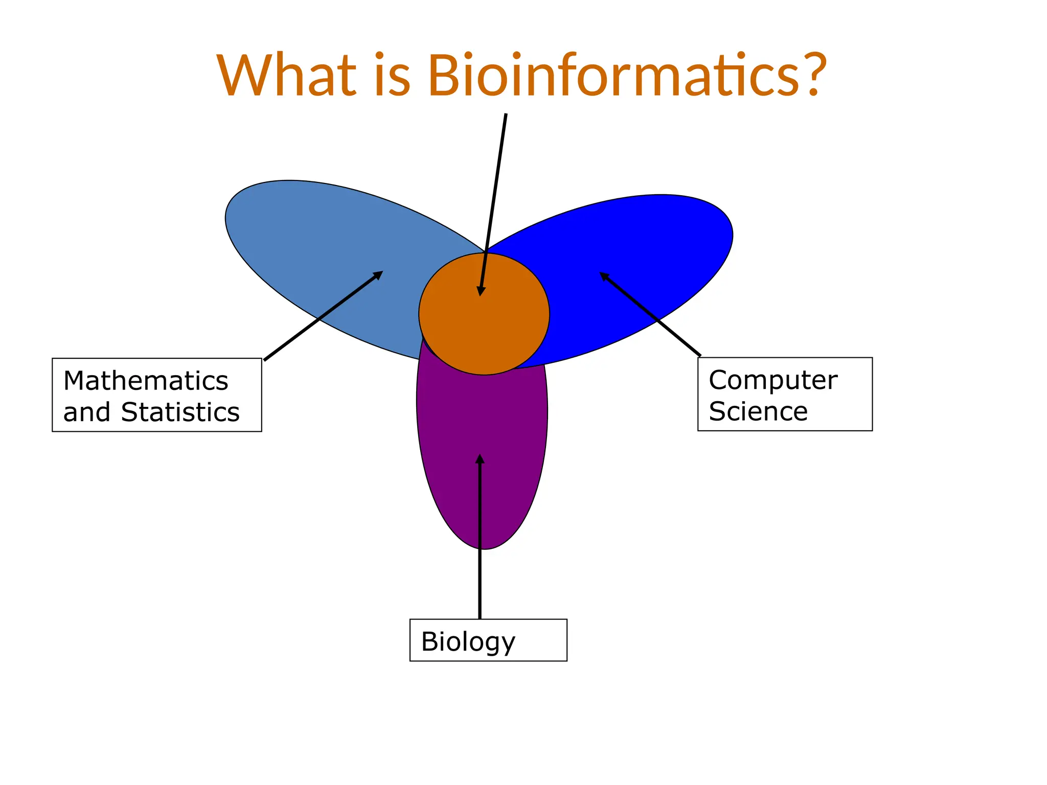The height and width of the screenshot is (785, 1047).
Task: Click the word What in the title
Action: pyautogui.click(x=286, y=76)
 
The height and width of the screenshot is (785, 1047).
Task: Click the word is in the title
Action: pyautogui.click(x=392, y=76)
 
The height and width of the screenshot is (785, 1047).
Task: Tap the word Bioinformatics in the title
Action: pyautogui.click(x=613, y=76)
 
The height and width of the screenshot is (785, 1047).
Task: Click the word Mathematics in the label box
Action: pyautogui.click(x=146, y=381)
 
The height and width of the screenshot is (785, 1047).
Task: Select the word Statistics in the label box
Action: pyautogui.click(x=180, y=412)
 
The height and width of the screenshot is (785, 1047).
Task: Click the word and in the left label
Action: pyautogui.click(x=86, y=412)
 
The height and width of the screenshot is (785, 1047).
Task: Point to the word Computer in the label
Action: pyautogui.click(x=772, y=380)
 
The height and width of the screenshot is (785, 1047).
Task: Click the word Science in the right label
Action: pyautogui.click(x=758, y=411)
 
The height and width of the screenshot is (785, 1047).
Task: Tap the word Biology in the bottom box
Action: pyautogui.click(x=468, y=641)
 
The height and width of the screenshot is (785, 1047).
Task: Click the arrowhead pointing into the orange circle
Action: pyautogui.click(x=481, y=291)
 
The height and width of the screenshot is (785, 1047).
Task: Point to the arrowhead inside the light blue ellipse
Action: pyautogui.click(x=379, y=274)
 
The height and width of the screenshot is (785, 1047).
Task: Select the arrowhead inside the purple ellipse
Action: pyautogui.click(x=480, y=458)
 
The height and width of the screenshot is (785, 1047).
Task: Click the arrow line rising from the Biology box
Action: pyautogui.click(x=480, y=562)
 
